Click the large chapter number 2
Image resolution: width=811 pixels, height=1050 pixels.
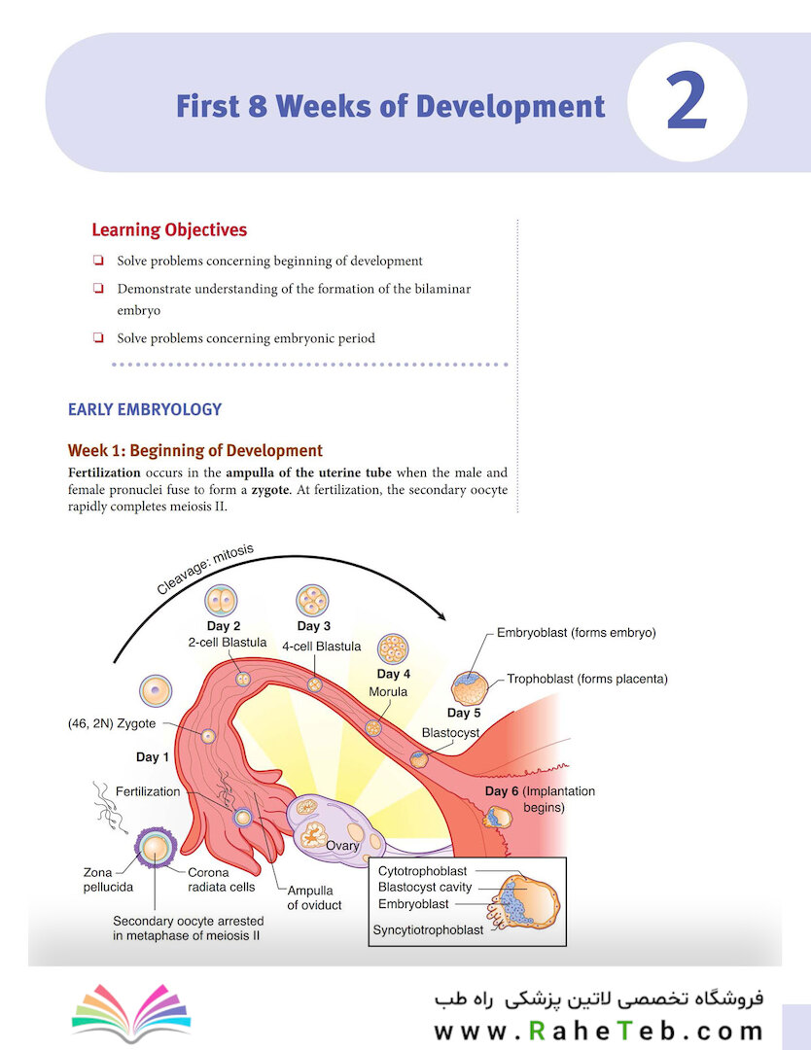coord(687,103)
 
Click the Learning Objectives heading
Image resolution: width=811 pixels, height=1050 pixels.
coord(169,230)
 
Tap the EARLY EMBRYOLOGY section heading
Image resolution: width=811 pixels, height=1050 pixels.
coord(145,409)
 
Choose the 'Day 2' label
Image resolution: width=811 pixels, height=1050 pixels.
coord(224,626)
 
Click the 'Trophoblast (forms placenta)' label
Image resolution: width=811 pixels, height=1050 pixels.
coord(587,679)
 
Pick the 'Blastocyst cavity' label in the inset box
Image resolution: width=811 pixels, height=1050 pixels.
coord(425,887)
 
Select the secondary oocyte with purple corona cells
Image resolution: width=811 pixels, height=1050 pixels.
coord(154,848)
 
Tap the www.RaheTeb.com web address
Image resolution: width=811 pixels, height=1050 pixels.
coord(598,1031)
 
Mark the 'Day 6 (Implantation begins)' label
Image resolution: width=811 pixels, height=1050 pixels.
coord(540,798)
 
